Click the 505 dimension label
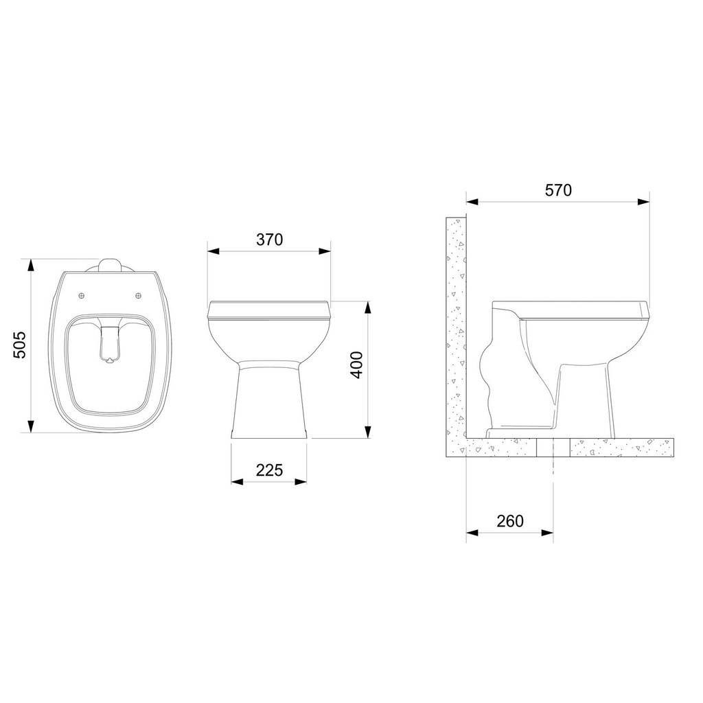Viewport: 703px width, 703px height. pyautogui.click(x=20, y=345)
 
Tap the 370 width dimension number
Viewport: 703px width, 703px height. pyautogui.click(x=269, y=240)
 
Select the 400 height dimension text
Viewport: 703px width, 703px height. pyautogui.click(x=356, y=365)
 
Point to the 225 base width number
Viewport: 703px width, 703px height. pyautogui.click(x=269, y=470)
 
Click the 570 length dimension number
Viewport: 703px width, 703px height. pyautogui.click(x=558, y=190)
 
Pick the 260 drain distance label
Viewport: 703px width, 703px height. pyautogui.click(x=510, y=521)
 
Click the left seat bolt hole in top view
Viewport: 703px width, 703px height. pyautogui.click(x=81, y=295)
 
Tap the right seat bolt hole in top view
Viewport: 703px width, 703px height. pyautogui.click(x=139, y=295)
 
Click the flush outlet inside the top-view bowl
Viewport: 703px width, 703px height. pyautogui.click(x=109, y=344)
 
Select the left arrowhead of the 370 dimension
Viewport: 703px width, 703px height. pyautogui.click(x=213, y=251)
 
